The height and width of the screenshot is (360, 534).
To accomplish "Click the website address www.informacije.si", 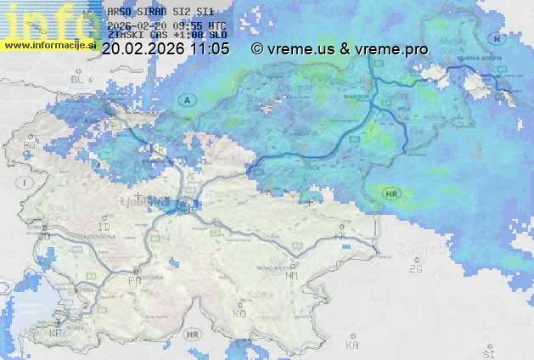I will (x=49, y=45).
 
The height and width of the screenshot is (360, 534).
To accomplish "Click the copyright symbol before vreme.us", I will (x=257, y=49).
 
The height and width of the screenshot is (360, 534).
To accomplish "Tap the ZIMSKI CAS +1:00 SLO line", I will (x=167, y=36).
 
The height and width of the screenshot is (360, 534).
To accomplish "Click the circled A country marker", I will (x=188, y=100).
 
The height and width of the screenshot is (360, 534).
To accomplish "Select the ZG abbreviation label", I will (x=415, y=268).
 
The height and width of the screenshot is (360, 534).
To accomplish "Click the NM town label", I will (x=292, y=275).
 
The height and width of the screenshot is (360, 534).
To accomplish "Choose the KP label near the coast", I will (x=56, y=334).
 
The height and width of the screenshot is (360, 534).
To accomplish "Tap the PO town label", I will (x=134, y=279).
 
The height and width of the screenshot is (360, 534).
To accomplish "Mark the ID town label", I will (x=105, y=228).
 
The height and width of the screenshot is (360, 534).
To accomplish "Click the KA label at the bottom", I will (x=352, y=345).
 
